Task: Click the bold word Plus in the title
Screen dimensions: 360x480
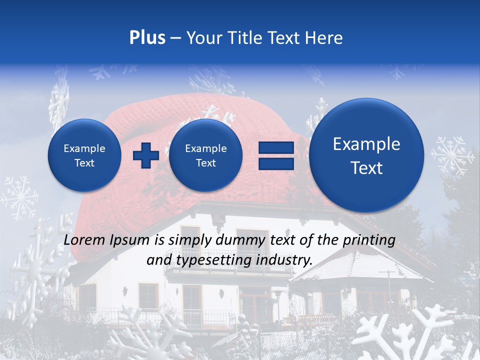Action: [x=147, y=38]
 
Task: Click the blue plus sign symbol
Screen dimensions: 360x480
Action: [x=146, y=155]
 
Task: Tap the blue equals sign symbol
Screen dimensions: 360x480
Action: [x=275, y=155]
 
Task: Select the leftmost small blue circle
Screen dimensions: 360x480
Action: [x=84, y=155]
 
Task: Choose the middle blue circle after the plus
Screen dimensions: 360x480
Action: [x=206, y=155]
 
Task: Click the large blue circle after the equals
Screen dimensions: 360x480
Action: [x=366, y=155]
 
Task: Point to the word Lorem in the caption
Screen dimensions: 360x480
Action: [x=85, y=240]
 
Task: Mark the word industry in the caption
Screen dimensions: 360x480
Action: [x=288, y=260]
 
